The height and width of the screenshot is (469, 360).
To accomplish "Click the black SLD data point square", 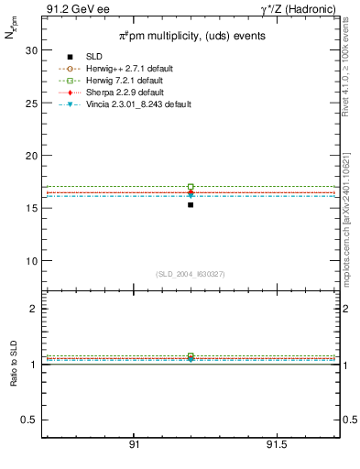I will [190, 204].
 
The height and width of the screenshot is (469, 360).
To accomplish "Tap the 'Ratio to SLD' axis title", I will [15, 385].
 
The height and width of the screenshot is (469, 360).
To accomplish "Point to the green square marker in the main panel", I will [190, 187].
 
